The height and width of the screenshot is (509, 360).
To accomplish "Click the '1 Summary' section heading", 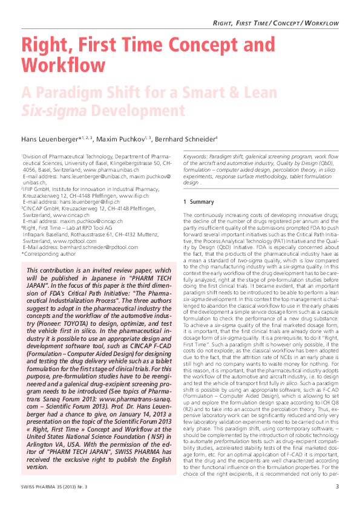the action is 194,201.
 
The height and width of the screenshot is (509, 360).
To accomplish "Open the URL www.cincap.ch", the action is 75,213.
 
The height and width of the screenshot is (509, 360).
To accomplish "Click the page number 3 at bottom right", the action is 337,487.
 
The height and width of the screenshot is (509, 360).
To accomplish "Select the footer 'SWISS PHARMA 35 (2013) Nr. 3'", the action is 53,487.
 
